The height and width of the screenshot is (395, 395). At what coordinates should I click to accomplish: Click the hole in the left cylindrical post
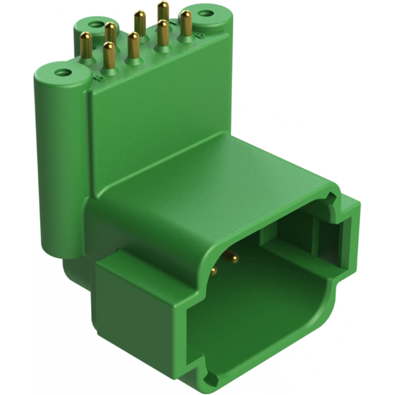[62, 72]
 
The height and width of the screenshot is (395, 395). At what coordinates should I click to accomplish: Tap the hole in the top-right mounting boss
[205, 13]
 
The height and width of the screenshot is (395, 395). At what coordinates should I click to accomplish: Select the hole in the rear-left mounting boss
[96, 25]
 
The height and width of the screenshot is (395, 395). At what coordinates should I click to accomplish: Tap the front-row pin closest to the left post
[109, 56]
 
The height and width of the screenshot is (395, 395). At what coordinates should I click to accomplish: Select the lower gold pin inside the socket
[213, 270]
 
